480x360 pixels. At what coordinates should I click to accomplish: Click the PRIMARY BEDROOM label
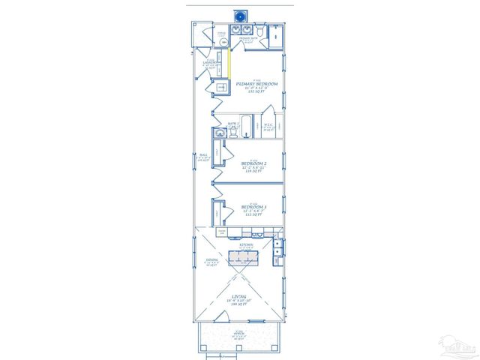(x=256, y=85)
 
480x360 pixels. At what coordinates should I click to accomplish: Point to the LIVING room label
(x=239, y=298)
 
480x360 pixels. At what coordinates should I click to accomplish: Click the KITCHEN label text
(x=246, y=244)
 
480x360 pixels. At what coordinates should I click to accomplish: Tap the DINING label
(x=211, y=260)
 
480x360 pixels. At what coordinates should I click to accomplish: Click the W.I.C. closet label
(x=268, y=124)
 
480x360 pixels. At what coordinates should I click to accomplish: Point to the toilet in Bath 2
(x=234, y=133)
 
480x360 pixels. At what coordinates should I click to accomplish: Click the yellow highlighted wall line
(x=230, y=61)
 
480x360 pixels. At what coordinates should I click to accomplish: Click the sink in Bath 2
(x=220, y=133)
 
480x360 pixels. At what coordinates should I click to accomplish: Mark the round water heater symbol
(x=223, y=43)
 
